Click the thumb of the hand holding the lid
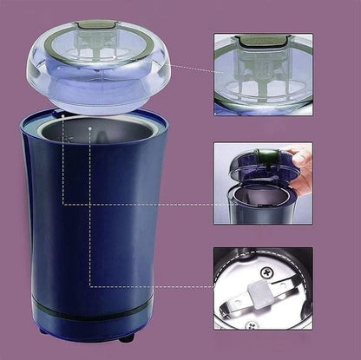[299, 158]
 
